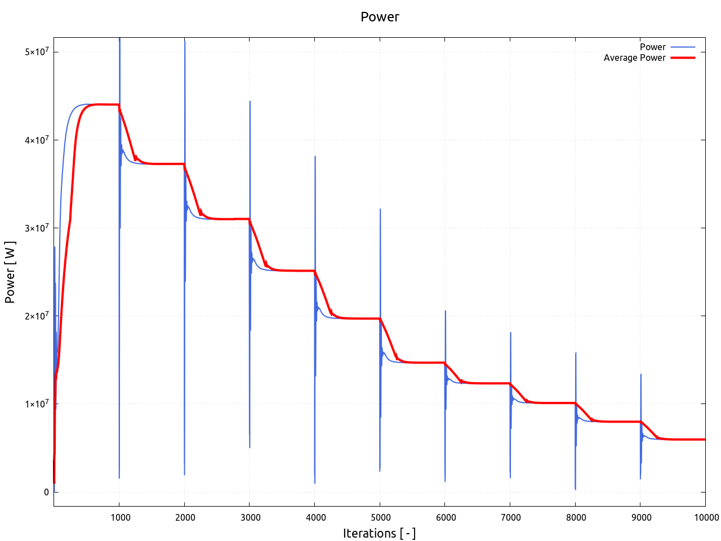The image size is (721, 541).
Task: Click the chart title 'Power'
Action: click(380, 17)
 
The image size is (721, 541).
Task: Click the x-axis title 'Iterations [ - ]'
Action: click(379, 533)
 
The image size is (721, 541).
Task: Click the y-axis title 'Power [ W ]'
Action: click(10, 272)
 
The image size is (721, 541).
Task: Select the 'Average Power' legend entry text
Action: click(634, 57)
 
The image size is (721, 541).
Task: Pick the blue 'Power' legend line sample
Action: click(683, 47)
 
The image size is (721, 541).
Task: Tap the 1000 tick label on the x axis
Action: click(119, 518)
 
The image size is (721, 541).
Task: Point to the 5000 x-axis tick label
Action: click(380, 518)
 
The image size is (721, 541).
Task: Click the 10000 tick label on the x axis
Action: click(705, 518)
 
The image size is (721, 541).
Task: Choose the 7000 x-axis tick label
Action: click(511, 518)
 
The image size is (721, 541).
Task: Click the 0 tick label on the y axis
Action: click(46, 492)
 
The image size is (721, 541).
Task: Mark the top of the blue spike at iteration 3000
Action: click(250, 101)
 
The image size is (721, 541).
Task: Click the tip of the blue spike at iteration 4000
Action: click(315, 156)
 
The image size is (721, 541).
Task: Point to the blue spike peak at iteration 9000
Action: click(641, 374)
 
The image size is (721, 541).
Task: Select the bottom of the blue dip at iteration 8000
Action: click(575, 489)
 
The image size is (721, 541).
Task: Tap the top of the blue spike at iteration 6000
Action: click(446, 311)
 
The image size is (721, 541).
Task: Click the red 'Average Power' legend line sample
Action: click(683, 57)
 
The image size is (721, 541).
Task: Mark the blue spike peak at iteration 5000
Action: click(380, 209)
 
